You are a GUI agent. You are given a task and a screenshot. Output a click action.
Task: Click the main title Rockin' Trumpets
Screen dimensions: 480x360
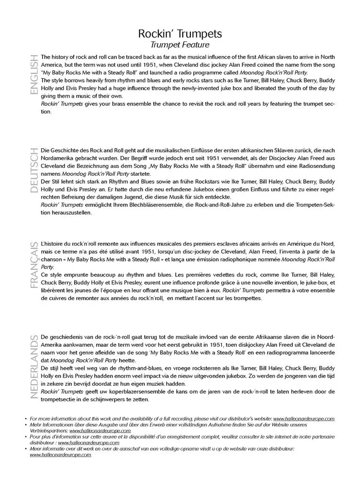pyautogui.click(x=180, y=34)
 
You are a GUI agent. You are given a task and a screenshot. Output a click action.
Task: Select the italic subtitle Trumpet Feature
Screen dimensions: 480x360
pyautogui.click(x=180, y=45)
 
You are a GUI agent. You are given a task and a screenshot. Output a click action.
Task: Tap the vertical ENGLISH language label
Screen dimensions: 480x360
pyautogui.click(x=33, y=74)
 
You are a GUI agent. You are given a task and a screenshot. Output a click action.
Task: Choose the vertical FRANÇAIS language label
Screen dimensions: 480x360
pyautogui.click(x=33, y=265)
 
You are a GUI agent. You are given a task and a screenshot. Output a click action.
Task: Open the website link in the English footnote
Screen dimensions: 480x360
pyautogui.click(x=304, y=419)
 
